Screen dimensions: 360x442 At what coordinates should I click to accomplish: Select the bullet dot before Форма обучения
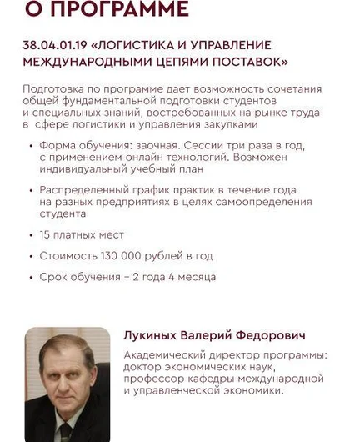[30, 144]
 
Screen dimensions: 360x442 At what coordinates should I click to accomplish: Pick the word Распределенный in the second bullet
[82, 190]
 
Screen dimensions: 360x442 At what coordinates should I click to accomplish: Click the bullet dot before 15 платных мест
[30, 236]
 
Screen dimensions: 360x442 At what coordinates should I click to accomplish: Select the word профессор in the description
[156, 378]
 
